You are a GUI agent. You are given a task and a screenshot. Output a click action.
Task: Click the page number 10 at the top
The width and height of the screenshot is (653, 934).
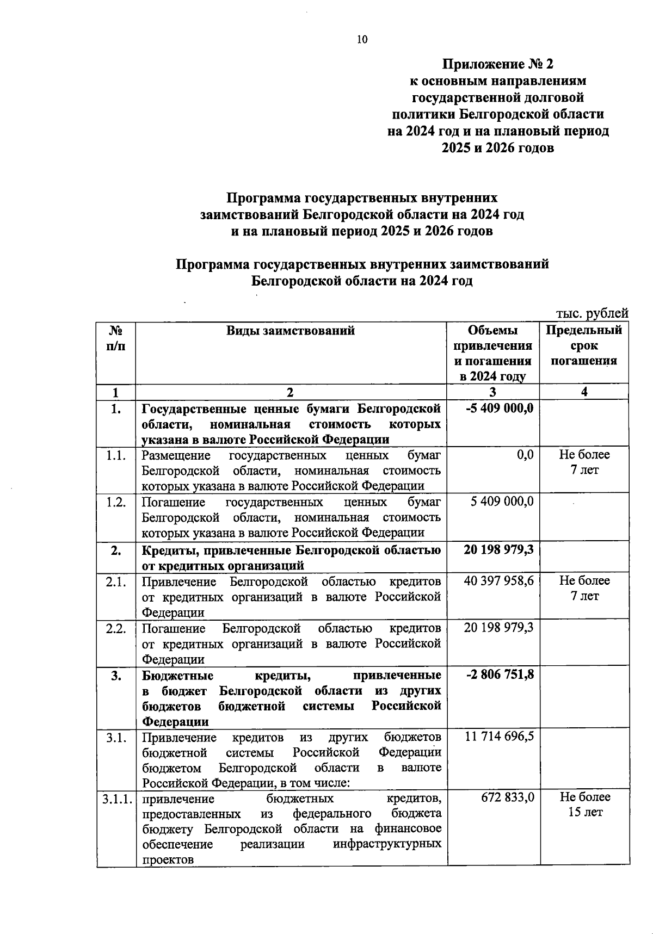[362, 39]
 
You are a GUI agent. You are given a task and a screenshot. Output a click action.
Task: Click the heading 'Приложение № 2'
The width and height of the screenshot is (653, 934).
[497, 64]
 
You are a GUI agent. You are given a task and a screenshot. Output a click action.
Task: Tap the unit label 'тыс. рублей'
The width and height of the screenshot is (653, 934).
[592, 313]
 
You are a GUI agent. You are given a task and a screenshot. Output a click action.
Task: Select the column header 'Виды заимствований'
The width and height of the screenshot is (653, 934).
[291, 330]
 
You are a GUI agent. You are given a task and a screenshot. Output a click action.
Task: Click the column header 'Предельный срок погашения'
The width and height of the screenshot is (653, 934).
[584, 345]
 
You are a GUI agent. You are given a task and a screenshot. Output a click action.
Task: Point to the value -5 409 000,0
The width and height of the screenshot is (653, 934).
[500, 408]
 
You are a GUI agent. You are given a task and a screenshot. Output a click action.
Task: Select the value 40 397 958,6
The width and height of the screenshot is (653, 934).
[498, 581]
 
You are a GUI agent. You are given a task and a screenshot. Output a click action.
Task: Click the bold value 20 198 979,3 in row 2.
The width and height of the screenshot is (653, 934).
[498, 549]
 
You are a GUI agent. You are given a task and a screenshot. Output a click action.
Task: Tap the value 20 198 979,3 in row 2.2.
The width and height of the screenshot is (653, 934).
[498, 628]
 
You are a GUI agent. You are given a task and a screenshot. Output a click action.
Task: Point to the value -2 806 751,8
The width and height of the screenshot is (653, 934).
[500, 675]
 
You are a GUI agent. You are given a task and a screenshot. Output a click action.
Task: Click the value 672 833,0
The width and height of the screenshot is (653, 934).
[507, 797]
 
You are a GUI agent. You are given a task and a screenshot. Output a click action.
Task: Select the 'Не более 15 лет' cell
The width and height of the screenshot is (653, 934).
[585, 805]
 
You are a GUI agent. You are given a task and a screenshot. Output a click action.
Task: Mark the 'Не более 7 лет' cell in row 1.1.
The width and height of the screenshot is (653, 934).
[584, 462]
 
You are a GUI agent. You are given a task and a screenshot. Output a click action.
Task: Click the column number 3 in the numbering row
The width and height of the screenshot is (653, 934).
[492, 392]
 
